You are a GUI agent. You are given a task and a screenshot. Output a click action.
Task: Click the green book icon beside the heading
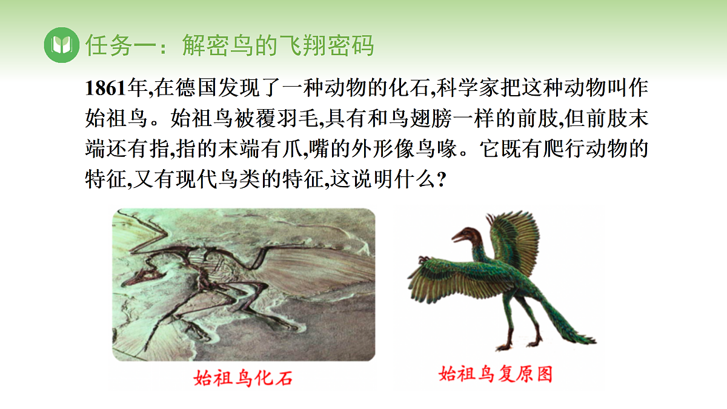click(62, 45)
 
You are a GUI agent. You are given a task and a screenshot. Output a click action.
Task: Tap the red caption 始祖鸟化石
click(243, 378)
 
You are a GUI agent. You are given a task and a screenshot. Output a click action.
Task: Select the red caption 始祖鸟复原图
click(496, 374)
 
